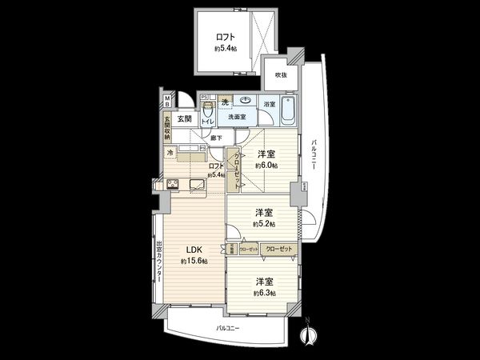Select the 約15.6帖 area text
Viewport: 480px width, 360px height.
[x=194, y=262]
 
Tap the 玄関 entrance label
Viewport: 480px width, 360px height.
[x=174, y=118]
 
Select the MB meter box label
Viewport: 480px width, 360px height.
[x=167, y=101]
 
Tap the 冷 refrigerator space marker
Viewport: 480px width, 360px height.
[x=170, y=151]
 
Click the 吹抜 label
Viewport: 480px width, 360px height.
[x=281, y=74]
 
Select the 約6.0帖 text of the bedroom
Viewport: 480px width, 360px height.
[x=266, y=166]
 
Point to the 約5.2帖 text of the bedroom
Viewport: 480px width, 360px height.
[x=264, y=225]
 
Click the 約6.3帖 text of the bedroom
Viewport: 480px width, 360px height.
[x=265, y=294]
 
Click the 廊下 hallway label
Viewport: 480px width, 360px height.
[x=216, y=138]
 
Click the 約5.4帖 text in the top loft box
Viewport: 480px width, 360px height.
[x=226, y=48]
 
